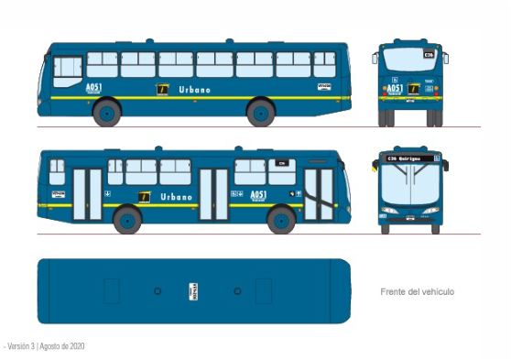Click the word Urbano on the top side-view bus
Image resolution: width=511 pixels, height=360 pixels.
pyautogui.click(x=194, y=89)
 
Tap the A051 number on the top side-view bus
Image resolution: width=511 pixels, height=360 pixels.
pyautogui.click(x=92, y=88)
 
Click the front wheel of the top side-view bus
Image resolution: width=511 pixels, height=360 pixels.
pyautogui.click(x=107, y=113)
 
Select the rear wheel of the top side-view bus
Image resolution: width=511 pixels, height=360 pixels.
pyautogui.click(x=261, y=113)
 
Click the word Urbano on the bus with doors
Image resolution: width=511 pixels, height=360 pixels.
pyautogui.click(x=177, y=196)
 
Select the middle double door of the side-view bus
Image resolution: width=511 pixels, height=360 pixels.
pyautogui.click(x=213, y=193)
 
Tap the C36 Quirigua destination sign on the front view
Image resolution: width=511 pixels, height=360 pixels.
pyautogui.click(x=410, y=158)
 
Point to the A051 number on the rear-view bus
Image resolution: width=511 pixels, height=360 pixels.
pyautogui.click(x=396, y=89)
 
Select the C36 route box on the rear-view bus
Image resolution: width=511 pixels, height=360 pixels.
pyautogui.click(x=428, y=55)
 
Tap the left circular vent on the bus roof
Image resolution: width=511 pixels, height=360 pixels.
pyautogui.click(x=158, y=290)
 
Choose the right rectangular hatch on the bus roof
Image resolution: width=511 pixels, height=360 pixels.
pyautogui.click(x=264, y=290)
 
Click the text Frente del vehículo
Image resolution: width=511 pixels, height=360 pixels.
pyautogui.click(x=417, y=291)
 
